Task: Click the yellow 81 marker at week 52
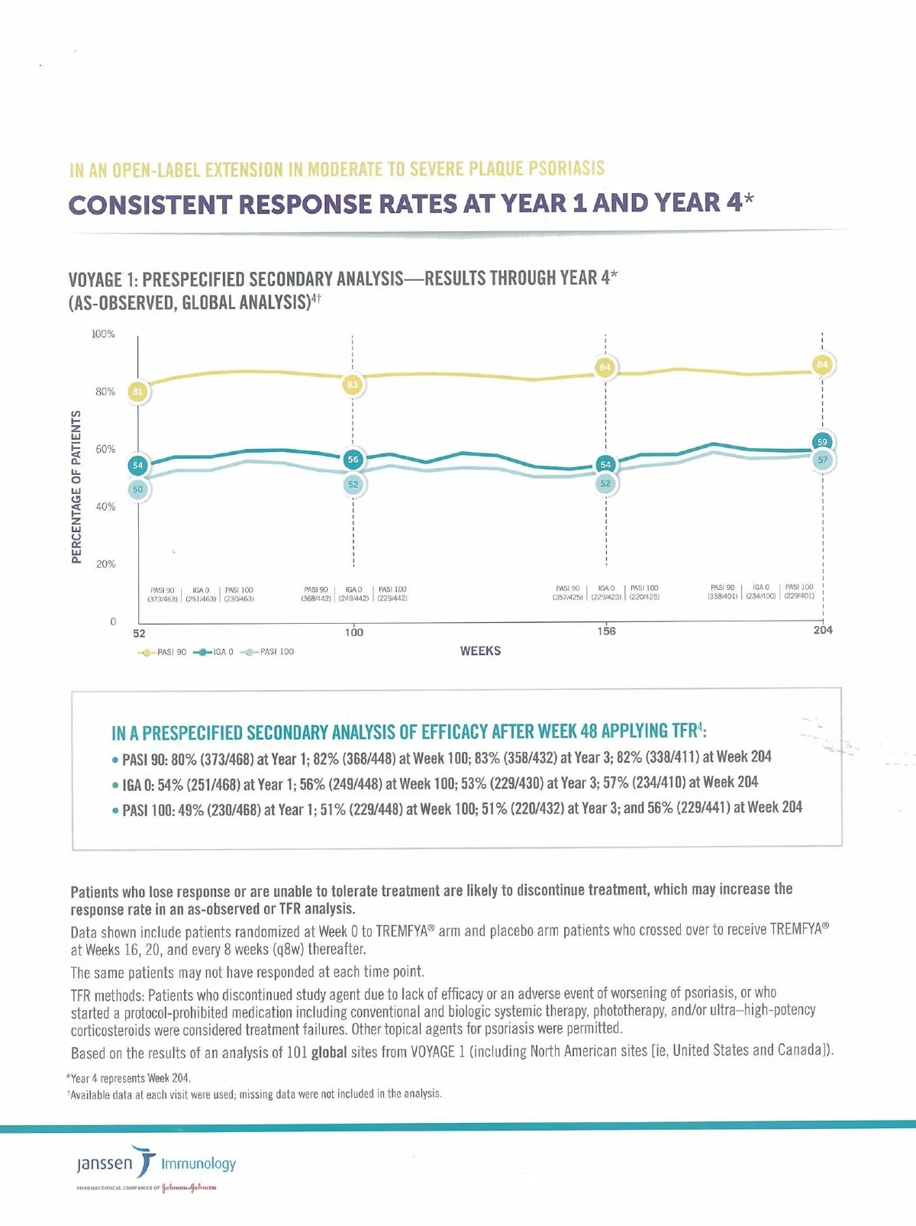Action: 137,392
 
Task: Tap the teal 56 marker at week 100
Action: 353,460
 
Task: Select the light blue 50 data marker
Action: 137,489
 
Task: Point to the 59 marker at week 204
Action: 822,442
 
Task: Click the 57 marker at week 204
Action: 822,460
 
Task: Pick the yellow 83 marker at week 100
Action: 353,385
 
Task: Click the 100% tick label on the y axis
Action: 103,334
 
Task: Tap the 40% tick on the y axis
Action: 105,507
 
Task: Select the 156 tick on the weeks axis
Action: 606,631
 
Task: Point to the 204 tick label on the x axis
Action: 823,631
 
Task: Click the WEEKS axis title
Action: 480,651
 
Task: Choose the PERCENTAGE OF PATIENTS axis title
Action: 76,487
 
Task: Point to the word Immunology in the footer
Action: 198,1163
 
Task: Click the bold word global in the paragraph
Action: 329,1053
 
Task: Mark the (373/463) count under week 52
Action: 163,599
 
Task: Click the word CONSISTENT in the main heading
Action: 150,205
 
